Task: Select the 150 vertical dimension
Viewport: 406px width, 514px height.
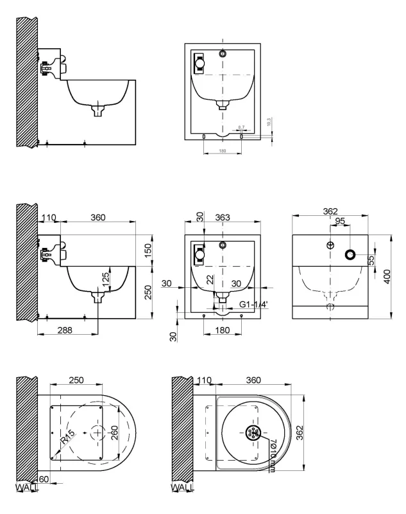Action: tap(148, 249)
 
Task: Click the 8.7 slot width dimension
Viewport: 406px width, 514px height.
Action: tap(241, 127)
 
